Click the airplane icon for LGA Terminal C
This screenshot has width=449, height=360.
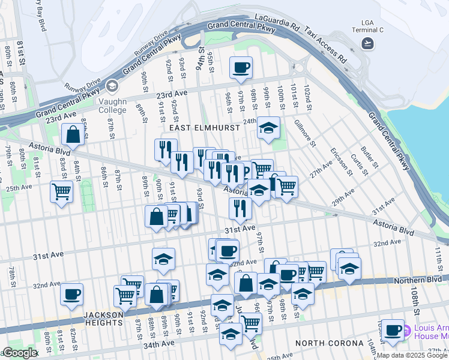367,43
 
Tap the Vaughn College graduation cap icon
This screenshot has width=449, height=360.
112,87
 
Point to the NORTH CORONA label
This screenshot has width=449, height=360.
329,343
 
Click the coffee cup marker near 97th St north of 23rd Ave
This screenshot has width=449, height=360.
241,68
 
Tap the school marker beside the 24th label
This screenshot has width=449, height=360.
268,128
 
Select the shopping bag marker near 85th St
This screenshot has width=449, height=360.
73,136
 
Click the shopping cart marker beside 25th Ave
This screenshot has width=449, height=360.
62,192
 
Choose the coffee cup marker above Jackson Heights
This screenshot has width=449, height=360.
71,295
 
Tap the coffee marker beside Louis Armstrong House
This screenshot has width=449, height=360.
393,330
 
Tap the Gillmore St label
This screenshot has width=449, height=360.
305,133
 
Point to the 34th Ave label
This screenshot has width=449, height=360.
161,344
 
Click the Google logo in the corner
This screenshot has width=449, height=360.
19,353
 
